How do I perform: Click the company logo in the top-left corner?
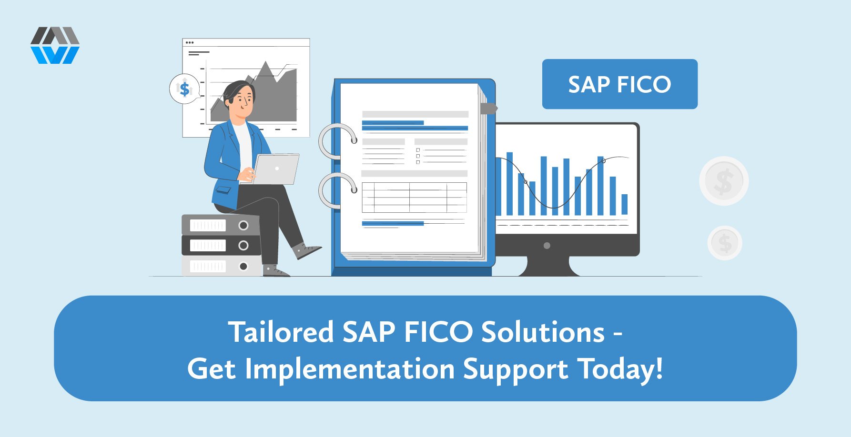pos(55,45)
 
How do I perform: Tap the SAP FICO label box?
pos(619,84)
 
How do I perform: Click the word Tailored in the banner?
pos(281,332)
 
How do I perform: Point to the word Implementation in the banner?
pos(350,369)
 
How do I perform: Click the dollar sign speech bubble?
pos(184,89)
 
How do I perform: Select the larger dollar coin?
pos(724,181)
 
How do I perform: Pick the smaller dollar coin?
pos(725,243)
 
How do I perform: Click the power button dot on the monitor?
pos(547,246)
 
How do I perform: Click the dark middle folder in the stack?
pos(221,245)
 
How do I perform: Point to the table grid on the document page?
pos(414,197)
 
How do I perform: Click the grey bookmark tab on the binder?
pos(488,109)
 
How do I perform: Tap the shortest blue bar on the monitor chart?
pos(624,204)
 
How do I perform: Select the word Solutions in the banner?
pos(543,332)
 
